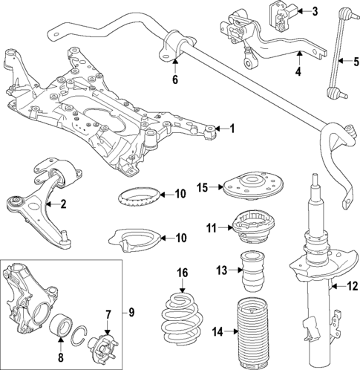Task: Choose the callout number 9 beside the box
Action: tap(131, 312)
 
